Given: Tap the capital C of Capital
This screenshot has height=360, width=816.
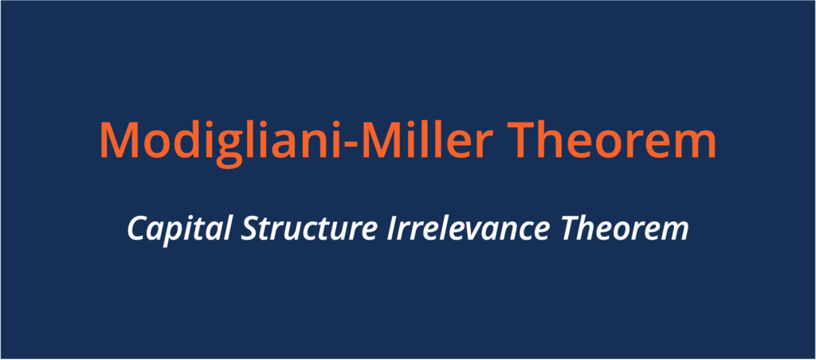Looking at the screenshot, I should (x=137, y=229).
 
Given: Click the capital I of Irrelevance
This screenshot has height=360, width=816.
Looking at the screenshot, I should (x=393, y=229).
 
